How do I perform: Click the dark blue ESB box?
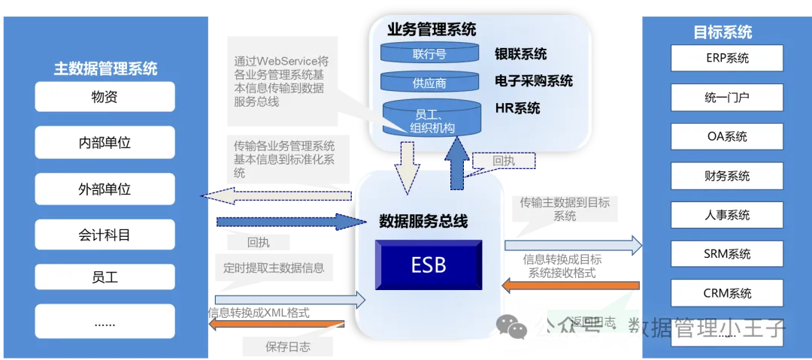[429, 265]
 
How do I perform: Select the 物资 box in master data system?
[105, 97]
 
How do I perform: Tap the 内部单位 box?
[105, 142]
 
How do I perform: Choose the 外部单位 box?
[105, 189]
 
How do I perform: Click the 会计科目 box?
[105, 234]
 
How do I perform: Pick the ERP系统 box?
[727, 58]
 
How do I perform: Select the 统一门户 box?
[727, 97]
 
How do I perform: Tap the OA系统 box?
[727, 136]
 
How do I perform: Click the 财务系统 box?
[727, 176]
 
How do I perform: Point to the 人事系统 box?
[727, 215]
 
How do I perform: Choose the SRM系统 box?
[727, 254]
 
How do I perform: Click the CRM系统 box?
[727, 293]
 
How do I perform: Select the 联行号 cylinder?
[429, 54]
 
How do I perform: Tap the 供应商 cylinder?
[429, 83]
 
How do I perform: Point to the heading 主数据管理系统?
[105, 69]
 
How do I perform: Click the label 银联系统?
[520, 54]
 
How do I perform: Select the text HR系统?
[517, 108]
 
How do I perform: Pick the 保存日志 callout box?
[287, 346]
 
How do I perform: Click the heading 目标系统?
[723, 32]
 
